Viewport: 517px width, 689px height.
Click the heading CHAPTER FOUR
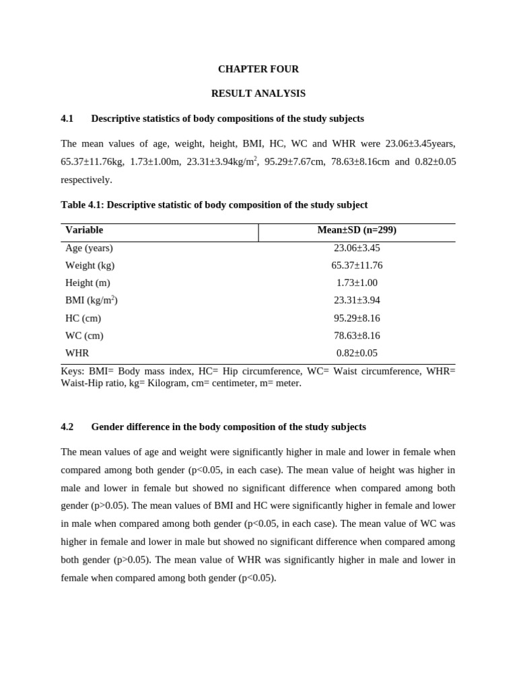[x=258, y=69]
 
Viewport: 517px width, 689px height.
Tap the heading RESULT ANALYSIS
[x=258, y=94]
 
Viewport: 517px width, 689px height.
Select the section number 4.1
[x=67, y=118]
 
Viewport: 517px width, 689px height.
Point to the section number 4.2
[x=67, y=427]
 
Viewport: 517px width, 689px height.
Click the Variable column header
[x=84, y=230]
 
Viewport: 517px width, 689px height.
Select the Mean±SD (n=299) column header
[x=357, y=230]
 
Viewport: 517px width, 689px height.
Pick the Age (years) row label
[x=89, y=248]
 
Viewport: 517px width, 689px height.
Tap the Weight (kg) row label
[x=90, y=265]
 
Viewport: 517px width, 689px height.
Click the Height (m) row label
[x=88, y=283]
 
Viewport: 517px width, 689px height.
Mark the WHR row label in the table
[x=77, y=353]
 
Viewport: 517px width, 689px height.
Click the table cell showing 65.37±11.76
[x=357, y=265]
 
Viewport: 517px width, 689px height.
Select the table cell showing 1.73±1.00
[x=357, y=283]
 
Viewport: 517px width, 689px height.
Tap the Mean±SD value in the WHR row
[x=357, y=353]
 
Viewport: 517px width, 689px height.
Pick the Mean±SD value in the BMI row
[x=357, y=300]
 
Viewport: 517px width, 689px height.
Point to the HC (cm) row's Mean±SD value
[x=357, y=318]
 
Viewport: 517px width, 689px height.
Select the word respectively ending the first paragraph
[x=85, y=180]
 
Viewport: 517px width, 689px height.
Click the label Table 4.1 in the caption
[x=82, y=205]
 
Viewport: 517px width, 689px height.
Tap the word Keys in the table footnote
[x=71, y=371]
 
